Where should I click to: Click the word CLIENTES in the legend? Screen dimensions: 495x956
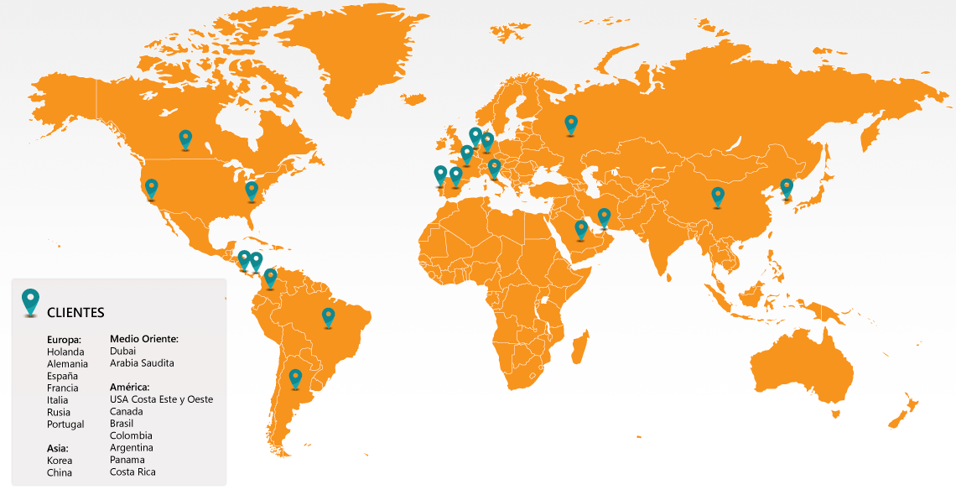click(x=75, y=313)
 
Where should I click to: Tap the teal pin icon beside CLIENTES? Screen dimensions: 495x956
click(x=31, y=301)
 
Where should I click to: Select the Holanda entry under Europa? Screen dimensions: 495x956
click(x=65, y=352)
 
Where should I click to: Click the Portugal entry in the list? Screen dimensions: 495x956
click(x=65, y=425)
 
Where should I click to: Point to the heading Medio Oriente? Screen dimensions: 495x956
click(x=144, y=339)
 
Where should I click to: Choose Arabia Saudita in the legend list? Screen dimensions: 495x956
click(x=142, y=363)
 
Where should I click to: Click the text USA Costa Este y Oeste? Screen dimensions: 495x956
click(x=161, y=399)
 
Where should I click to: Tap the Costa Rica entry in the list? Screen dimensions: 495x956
click(x=132, y=472)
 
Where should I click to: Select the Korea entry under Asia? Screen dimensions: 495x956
click(x=60, y=461)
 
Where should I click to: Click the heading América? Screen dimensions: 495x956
click(x=129, y=387)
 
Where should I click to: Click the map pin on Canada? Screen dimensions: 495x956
click(x=185, y=138)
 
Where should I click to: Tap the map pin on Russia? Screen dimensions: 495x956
click(x=571, y=124)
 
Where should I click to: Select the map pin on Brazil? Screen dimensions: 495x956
click(x=329, y=316)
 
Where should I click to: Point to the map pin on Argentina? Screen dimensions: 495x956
click(x=295, y=378)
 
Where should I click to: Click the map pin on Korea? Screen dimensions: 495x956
click(x=787, y=188)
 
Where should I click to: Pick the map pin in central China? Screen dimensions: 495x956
click(x=718, y=196)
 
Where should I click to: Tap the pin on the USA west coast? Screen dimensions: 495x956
click(x=151, y=188)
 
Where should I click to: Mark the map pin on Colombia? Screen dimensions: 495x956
click(x=270, y=278)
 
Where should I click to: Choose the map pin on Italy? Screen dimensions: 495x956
click(x=494, y=168)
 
